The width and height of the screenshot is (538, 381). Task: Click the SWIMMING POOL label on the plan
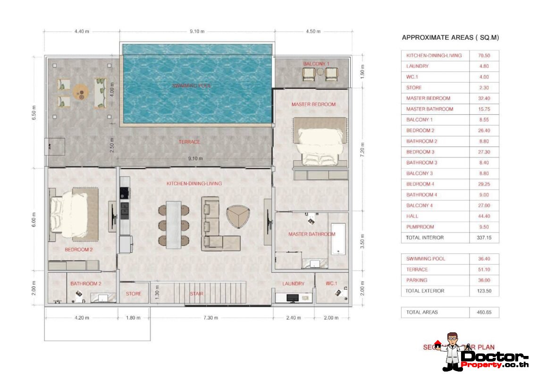pyautogui.click(x=192, y=86)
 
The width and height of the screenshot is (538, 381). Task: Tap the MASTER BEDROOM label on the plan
pyautogui.click(x=313, y=104)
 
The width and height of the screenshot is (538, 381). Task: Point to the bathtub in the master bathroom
pyautogui.click(x=339, y=237)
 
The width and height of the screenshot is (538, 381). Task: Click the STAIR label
pyautogui.click(x=197, y=294)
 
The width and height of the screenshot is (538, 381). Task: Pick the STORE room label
pyautogui.click(x=134, y=294)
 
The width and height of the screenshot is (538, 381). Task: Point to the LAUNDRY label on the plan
pyautogui.click(x=293, y=284)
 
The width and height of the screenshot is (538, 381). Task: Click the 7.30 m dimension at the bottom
pyautogui.click(x=210, y=318)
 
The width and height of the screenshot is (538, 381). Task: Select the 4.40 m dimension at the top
pyautogui.click(x=82, y=32)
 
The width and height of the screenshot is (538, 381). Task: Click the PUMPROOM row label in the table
pyautogui.click(x=420, y=227)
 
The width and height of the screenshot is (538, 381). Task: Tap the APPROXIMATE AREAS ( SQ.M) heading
pyautogui.click(x=450, y=37)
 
